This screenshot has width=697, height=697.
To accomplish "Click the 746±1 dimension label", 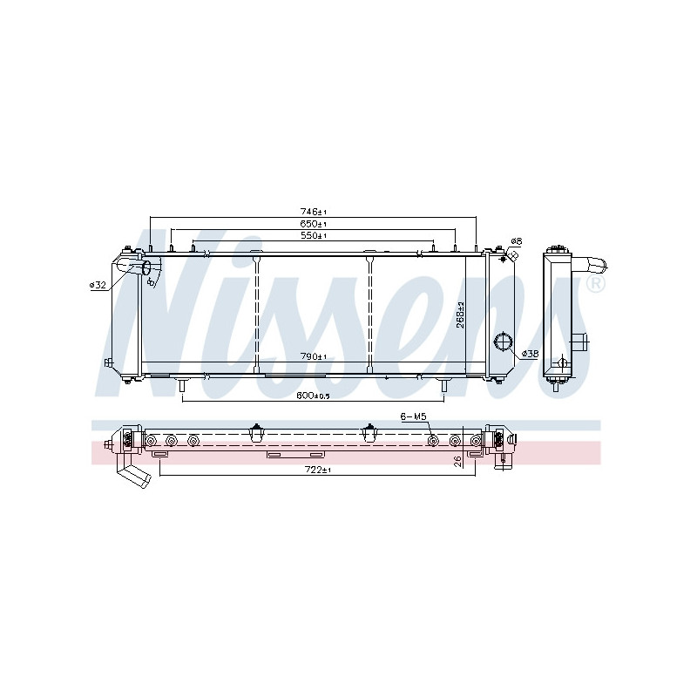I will click(x=313, y=212).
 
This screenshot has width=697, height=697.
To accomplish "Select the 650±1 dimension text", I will click(x=313, y=224).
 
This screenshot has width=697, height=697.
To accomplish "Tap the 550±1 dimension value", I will click(x=313, y=235).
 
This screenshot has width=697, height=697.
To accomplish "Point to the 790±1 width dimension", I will click(x=313, y=356).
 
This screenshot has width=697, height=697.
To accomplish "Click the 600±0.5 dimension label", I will click(x=313, y=395).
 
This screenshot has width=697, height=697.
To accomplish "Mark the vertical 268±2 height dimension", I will click(x=461, y=315).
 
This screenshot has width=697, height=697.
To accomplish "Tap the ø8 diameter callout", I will click(x=516, y=241).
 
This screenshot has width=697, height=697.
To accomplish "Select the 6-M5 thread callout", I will click(x=414, y=416).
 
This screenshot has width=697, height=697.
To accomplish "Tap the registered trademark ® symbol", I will click(x=595, y=285).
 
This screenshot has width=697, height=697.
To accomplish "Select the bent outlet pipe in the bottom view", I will click(x=135, y=476).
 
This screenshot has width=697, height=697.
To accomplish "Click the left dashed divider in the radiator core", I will click(x=257, y=314).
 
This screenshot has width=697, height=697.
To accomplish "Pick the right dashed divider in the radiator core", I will click(x=370, y=314).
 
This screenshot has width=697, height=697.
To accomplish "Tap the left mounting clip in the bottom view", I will click(x=256, y=430).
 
